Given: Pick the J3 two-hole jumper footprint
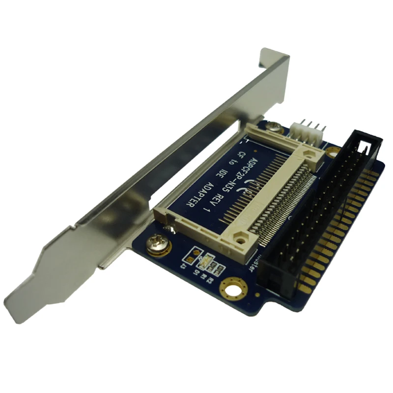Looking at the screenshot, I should pyautogui.click(x=192, y=256).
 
